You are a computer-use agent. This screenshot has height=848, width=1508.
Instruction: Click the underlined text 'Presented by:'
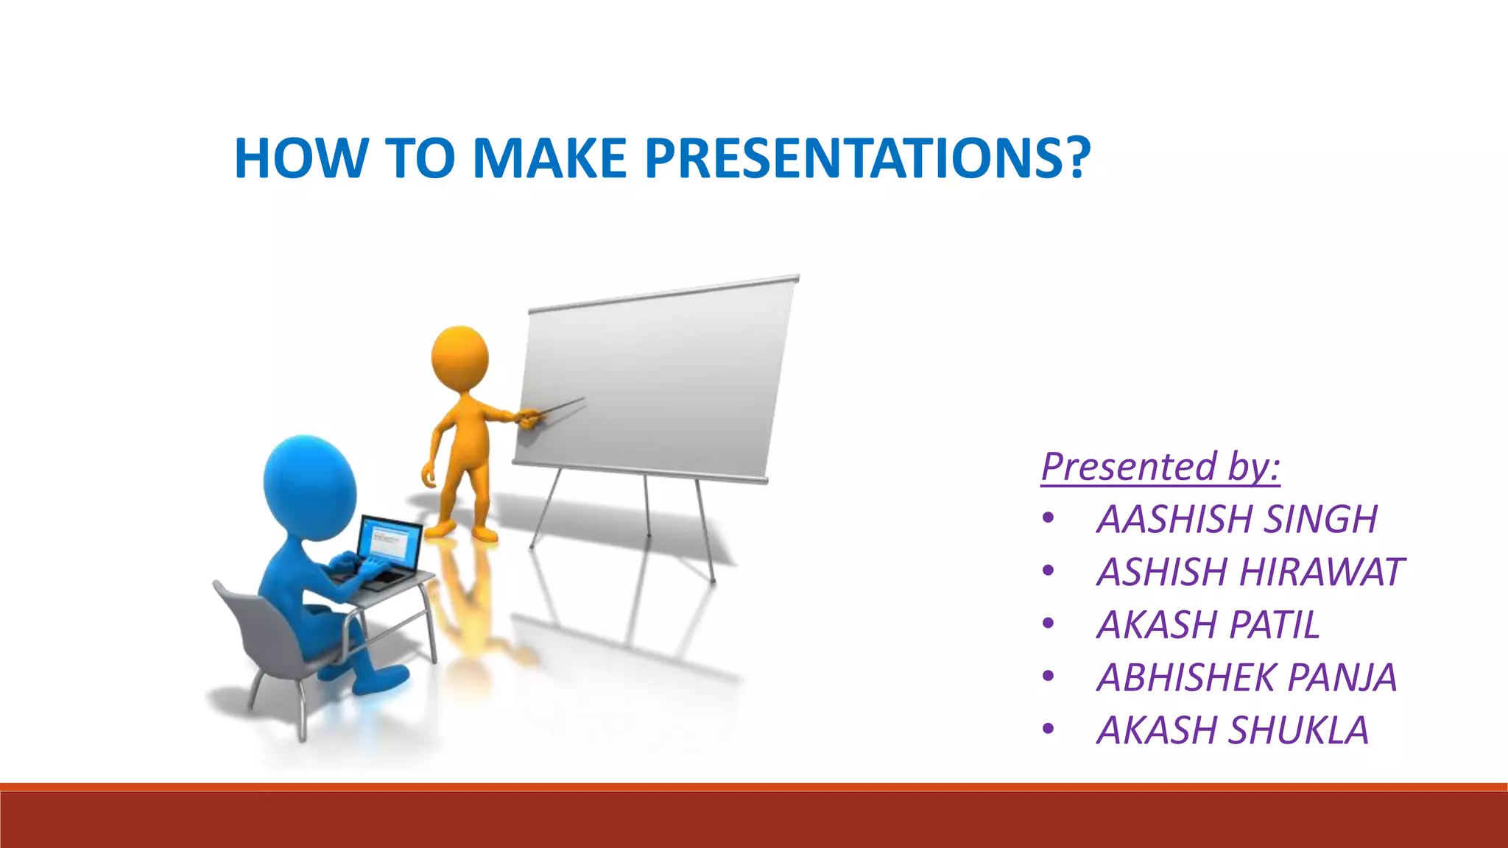(x=1160, y=467)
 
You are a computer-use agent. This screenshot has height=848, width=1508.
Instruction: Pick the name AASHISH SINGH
(x=1237, y=519)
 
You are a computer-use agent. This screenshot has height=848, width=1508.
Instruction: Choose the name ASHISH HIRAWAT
(x=1250, y=572)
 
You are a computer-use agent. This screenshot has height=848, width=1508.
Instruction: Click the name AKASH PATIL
(x=1208, y=625)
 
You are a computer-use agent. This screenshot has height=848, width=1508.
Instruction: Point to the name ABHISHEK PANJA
(x=1247, y=677)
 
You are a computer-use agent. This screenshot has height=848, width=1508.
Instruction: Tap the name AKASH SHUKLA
(x=1233, y=730)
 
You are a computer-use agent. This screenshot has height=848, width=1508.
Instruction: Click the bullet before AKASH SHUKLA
(x=1049, y=730)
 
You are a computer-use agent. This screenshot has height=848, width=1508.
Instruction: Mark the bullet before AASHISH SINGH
(x=1049, y=519)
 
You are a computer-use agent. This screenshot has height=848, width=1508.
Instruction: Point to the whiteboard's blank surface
(x=655, y=379)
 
